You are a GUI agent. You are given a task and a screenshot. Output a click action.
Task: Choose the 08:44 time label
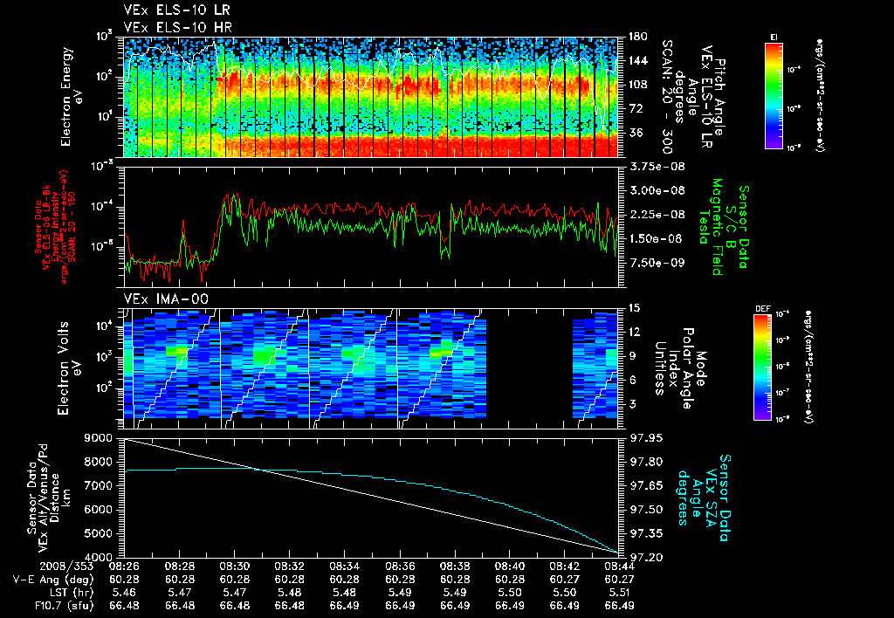[619, 566]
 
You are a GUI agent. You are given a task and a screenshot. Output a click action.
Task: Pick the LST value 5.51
[619, 591]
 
